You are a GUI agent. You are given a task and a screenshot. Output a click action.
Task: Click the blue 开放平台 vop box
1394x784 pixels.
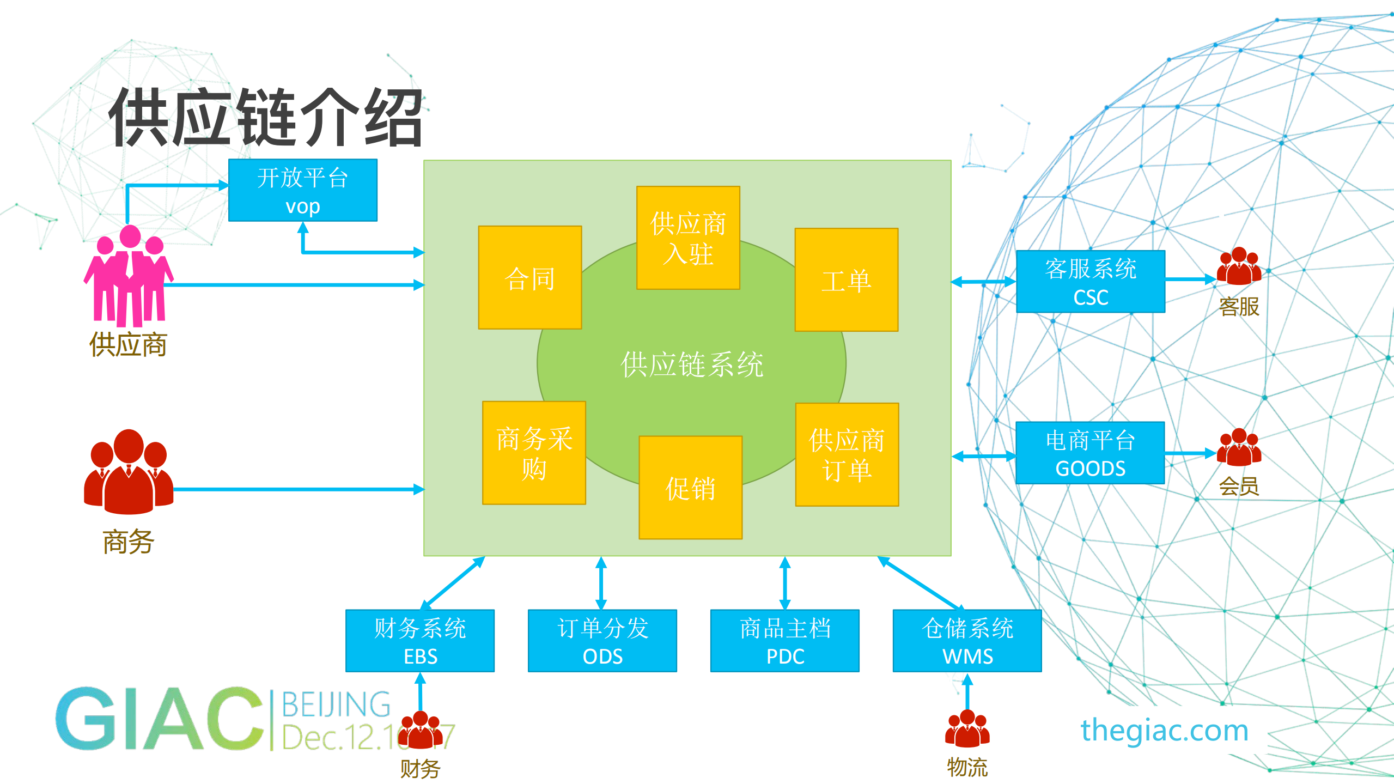click(302, 190)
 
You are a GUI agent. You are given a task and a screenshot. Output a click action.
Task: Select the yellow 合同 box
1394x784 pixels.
click(529, 278)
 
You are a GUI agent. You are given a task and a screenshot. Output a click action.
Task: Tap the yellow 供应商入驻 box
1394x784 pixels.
click(688, 238)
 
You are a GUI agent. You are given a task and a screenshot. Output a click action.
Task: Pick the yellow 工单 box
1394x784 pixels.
click(846, 280)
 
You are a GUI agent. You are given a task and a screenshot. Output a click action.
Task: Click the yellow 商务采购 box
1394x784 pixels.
click(534, 453)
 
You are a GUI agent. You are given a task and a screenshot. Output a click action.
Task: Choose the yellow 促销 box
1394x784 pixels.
click(690, 488)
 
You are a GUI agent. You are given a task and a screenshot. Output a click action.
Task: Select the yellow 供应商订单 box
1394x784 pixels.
click(847, 454)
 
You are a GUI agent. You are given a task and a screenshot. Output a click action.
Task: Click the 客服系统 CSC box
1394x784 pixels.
click(1090, 282)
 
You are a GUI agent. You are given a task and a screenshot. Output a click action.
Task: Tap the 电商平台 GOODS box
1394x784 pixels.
click(1090, 453)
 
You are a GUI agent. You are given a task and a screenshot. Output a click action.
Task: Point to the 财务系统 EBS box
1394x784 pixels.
click(420, 641)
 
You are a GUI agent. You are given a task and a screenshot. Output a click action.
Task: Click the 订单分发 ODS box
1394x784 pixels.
click(602, 641)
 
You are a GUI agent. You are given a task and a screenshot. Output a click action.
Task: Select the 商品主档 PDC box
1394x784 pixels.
click(784, 641)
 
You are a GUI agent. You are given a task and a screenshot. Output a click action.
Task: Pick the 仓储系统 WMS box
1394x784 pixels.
click(967, 641)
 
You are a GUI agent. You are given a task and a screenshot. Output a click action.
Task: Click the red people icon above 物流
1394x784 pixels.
click(967, 728)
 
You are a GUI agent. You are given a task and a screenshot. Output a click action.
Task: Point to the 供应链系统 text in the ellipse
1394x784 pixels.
click(691, 364)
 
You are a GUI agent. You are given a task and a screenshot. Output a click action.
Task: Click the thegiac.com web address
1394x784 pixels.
click(1164, 730)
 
